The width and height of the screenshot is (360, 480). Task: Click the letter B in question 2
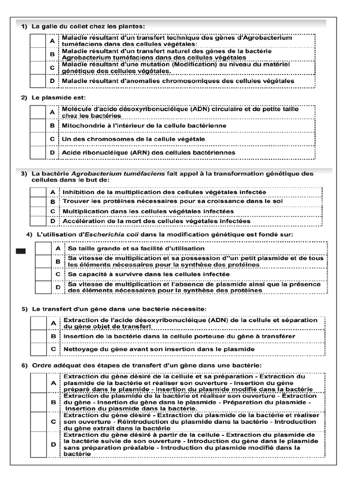[x=52, y=126]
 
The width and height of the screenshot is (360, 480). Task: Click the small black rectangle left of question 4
[x=21, y=252]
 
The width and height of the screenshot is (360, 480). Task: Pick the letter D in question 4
[x=58, y=287]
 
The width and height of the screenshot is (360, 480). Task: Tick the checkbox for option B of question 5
[x=39, y=337]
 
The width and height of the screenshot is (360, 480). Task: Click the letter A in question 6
[x=53, y=383]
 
